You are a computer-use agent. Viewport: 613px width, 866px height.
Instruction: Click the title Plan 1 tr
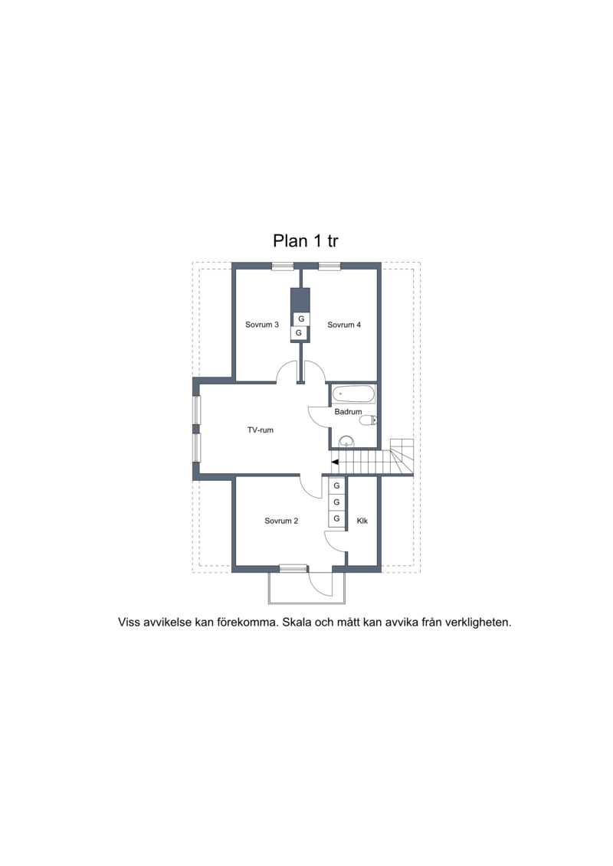[x=306, y=240]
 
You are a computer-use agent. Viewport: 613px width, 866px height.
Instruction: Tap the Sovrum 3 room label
[x=262, y=325]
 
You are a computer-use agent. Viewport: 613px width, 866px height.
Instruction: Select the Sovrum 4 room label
[x=344, y=325]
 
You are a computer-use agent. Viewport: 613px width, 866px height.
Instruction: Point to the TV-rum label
[x=261, y=430]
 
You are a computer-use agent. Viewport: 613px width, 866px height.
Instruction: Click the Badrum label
[x=348, y=411]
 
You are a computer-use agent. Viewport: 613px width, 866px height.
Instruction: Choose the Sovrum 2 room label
[x=281, y=521]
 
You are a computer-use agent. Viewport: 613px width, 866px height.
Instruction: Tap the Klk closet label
[x=362, y=521]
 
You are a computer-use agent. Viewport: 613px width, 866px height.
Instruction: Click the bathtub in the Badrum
[x=354, y=395]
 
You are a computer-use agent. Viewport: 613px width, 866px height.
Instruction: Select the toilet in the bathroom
[x=368, y=421]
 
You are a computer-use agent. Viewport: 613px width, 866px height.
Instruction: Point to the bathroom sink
[x=346, y=442]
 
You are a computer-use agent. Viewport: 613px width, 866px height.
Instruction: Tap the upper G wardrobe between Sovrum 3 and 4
[x=301, y=319]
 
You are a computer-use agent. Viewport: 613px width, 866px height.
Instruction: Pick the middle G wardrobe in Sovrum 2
[x=336, y=502]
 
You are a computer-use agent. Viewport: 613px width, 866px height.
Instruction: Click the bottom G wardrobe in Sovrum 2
[x=336, y=518]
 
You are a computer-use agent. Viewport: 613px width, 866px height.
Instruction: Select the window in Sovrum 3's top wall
[x=283, y=266]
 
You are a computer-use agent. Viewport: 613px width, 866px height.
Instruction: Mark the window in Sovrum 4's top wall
[x=328, y=266]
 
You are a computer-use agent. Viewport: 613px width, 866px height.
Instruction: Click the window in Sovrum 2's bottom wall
[x=293, y=567]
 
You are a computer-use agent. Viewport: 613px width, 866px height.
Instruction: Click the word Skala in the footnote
[x=298, y=623]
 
